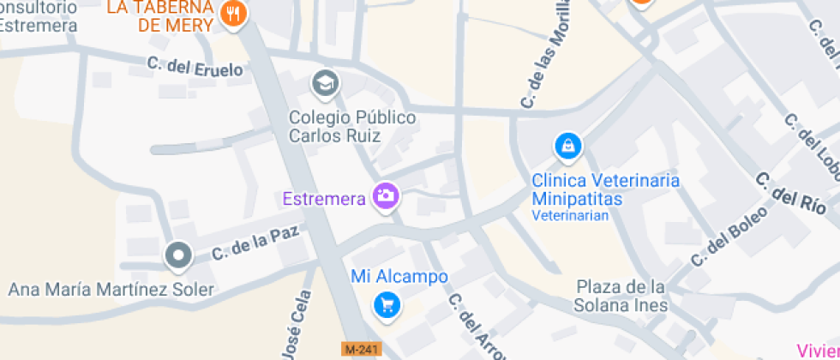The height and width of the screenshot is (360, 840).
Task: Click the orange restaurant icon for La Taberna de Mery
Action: click(233, 13)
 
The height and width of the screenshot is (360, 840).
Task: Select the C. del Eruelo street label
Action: click(195, 66)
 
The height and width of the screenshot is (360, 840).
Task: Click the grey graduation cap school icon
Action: click(325, 83)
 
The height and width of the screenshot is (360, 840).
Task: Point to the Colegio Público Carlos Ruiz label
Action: click(351, 126)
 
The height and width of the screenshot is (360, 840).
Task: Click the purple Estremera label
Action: click(324, 199)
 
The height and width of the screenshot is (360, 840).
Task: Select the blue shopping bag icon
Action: click(567, 147)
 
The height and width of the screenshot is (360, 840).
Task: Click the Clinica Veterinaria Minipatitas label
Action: click(605, 189)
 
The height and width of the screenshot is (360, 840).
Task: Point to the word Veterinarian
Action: click(570, 216)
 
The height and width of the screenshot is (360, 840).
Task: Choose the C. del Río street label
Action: click(790, 193)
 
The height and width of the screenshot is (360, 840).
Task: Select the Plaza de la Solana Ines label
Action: click(621, 296)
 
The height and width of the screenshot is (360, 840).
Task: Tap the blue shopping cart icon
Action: click(387, 304)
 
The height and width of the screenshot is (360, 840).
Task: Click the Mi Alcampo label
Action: click(399, 277)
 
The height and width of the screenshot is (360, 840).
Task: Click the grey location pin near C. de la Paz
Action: click(178, 255)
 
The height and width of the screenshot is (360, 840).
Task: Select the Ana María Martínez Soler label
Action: click(111, 289)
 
